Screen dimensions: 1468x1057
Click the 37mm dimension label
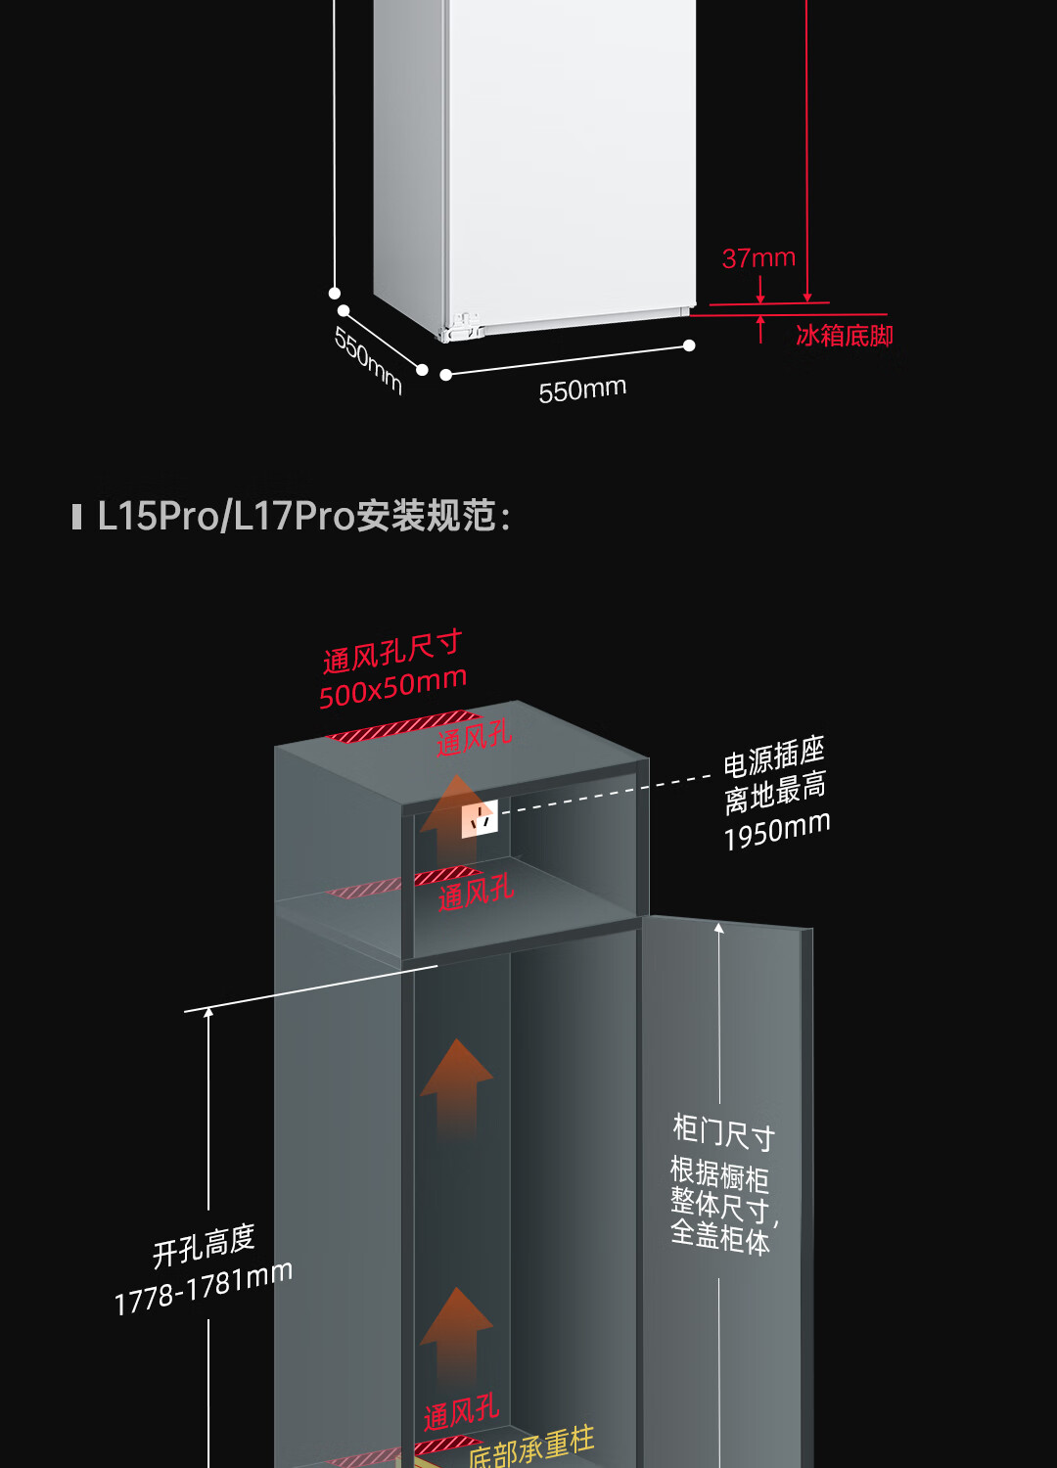pyautogui.click(x=758, y=258)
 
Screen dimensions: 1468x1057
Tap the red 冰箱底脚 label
pyautogui.click(x=844, y=336)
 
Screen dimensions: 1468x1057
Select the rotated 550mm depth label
pyautogui.click(x=368, y=360)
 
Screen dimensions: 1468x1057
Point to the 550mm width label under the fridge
pyautogui.click(x=582, y=390)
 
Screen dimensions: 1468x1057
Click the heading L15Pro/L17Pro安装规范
pyautogui.click(x=303, y=516)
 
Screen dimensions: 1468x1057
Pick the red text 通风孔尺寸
pyautogui.click(x=391, y=651)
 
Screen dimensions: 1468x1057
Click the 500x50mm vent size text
pyautogui.click(x=392, y=687)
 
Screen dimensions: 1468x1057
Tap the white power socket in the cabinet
pyautogui.click(x=480, y=819)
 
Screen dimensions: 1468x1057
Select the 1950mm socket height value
pyautogui.click(x=777, y=831)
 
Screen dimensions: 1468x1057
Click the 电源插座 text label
pyautogui.click(x=773, y=757)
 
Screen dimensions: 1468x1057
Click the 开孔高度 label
pyautogui.click(x=204, y=1246)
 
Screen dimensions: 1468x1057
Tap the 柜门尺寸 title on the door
pyautogui.click(x=723, y=1132)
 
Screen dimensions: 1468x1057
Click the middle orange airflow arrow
pyautogui.click(x=456, y=1086)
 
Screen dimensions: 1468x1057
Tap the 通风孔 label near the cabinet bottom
pyautogui.click(x=461, y=1412)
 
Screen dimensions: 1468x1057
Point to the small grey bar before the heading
pyautogui.click(x=76, y=517)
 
